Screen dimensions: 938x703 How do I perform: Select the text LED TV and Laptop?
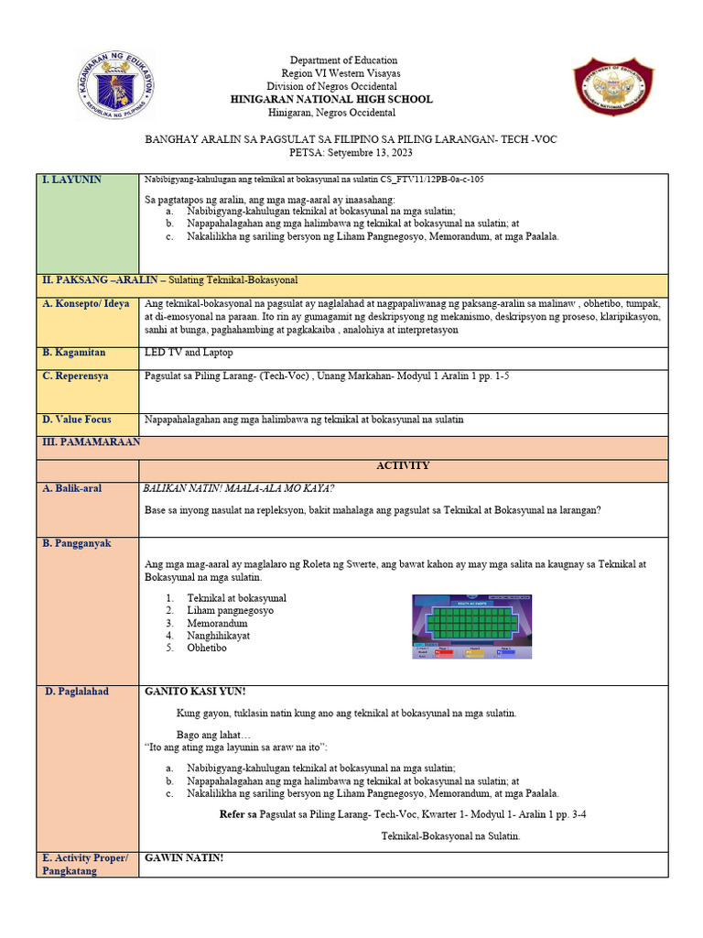pos(189,352)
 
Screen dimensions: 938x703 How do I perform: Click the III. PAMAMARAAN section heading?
pos(89,442)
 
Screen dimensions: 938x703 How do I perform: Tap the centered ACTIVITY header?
pos(403,465)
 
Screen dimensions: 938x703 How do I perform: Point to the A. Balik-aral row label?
pos(72,488)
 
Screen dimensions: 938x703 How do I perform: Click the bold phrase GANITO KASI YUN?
pos(195,692)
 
